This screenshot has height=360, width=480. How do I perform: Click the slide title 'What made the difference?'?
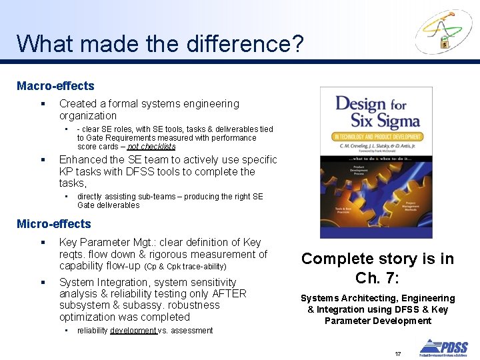point(160,44)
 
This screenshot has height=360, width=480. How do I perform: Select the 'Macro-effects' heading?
point(55,86)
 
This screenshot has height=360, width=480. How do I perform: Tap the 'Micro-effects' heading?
point(53,224)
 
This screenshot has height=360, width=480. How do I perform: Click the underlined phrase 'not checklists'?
point(151,147)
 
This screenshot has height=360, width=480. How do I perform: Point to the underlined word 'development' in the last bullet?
point(133,331)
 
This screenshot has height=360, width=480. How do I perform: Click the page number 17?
point(398,353)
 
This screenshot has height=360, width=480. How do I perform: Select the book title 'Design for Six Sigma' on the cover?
point(377,112)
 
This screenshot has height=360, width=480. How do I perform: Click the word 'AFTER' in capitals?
point(231,294)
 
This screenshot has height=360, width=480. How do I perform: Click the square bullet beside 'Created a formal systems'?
point(42,104)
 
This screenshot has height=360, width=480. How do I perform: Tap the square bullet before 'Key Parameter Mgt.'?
point(42,243)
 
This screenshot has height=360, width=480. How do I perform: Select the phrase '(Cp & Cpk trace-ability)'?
point(185,267)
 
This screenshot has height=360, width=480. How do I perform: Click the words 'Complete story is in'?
point(377,259)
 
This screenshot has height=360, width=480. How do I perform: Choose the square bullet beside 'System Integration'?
point(42,283)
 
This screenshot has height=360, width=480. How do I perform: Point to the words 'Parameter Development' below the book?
point(377,321)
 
